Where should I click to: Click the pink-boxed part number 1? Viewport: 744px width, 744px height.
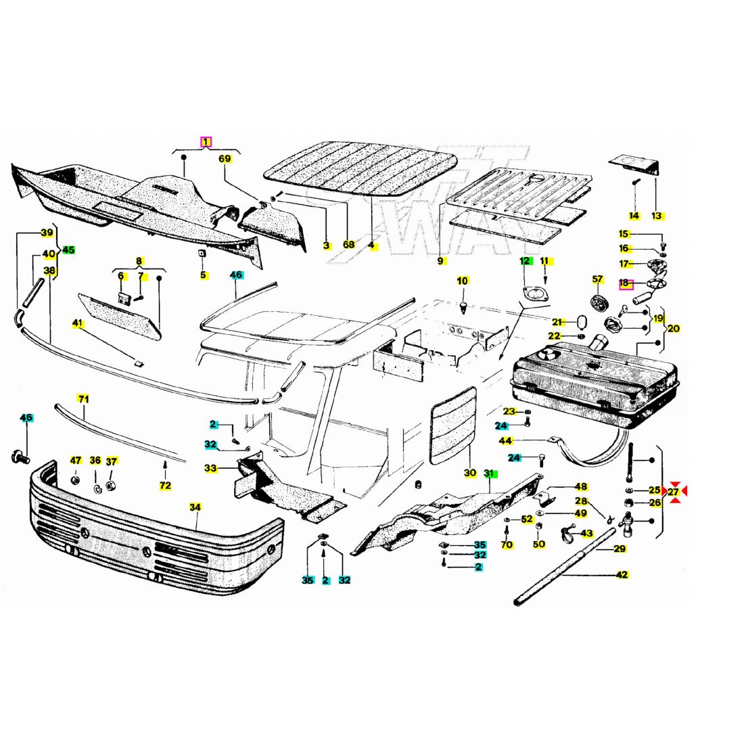206,142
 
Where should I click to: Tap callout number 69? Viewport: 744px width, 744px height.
225,160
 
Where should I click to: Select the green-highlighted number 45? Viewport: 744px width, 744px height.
68,250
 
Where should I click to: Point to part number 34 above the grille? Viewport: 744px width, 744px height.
195,507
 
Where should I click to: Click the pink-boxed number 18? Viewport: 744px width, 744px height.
624,283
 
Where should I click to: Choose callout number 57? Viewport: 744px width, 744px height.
597,279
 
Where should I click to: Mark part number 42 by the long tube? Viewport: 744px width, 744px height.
622,575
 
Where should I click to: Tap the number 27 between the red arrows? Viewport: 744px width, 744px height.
673,492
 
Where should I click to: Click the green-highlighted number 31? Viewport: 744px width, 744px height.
490,474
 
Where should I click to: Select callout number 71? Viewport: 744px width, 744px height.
83,399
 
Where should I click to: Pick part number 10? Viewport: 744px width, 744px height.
462,281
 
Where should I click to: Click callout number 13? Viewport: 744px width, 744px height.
657,216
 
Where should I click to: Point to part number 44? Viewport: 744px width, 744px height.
505,441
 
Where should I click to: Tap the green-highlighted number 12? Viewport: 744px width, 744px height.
525,261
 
